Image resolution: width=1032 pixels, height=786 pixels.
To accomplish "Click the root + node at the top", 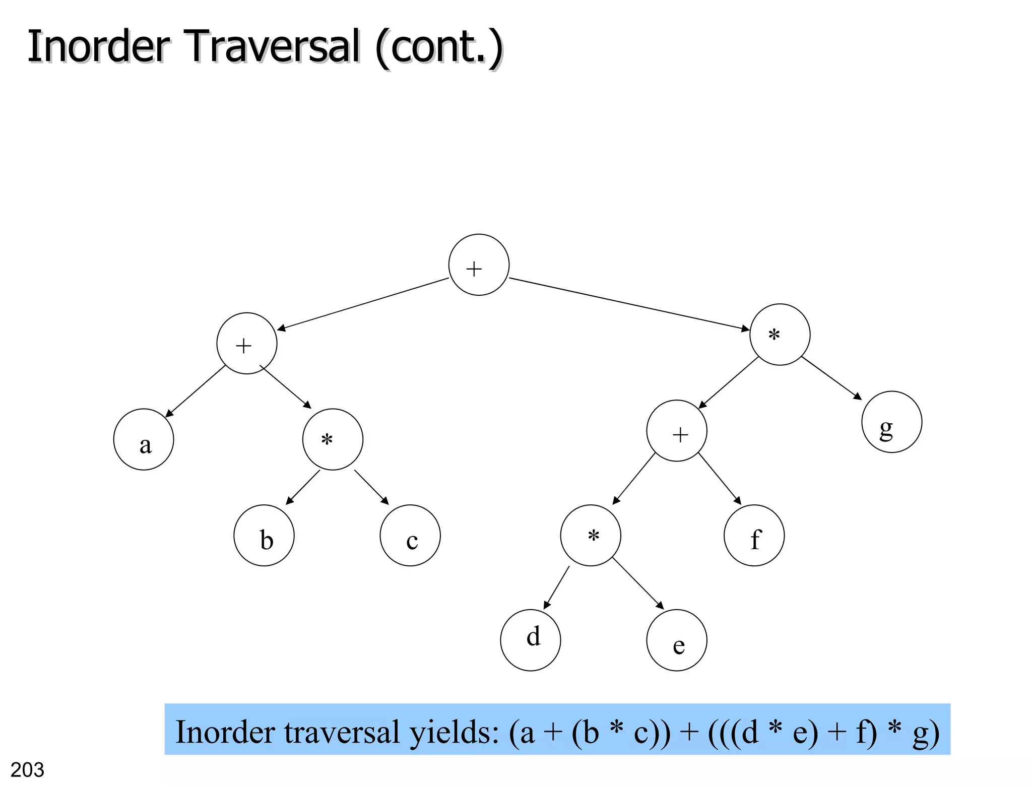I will (479, 265).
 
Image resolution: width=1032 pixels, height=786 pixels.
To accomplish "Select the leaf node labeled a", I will (144, 439).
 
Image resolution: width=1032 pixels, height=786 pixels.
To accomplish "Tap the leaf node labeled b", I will (264, 535).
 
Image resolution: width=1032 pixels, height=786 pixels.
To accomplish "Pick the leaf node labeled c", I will (410, 535).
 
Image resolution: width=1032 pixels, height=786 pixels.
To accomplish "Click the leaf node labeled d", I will (531, 640).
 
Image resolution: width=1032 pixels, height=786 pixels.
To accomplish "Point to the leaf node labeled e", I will (677, 640).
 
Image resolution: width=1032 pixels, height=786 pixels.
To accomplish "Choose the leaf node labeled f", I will (754, 535).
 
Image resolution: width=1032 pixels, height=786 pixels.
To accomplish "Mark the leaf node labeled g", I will (892, 422).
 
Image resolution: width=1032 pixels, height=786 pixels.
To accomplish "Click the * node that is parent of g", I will (780, 334).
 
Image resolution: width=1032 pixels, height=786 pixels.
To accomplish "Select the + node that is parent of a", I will (247, 343).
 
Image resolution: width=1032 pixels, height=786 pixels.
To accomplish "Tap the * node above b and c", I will (333, 439).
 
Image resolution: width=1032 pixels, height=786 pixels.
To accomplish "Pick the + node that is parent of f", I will (677, 430).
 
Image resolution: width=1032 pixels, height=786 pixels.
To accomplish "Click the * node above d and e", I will (591, 535).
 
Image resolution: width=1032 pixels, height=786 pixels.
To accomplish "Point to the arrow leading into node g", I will (831, 378).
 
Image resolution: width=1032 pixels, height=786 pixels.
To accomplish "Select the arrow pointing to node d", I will (556, 587).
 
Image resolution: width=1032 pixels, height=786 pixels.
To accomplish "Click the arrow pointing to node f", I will (720, 479).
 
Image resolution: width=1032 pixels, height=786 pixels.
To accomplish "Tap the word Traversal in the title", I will (274, 46).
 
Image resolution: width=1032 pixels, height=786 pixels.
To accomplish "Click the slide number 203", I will (27, 770).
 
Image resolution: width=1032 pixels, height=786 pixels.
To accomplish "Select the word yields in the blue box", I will (454, 732).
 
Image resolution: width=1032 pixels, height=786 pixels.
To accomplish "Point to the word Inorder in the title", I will (99, 46).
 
